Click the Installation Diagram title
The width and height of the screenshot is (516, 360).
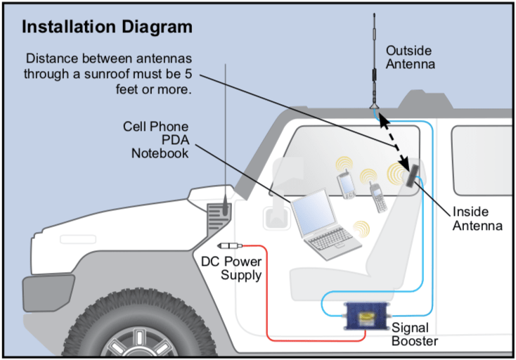108,27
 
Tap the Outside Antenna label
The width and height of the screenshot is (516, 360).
410,58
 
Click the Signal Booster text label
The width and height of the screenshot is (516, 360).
415,335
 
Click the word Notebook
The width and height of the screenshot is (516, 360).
160,153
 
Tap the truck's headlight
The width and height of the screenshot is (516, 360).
37,289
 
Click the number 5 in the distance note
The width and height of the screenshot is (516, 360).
205,75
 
